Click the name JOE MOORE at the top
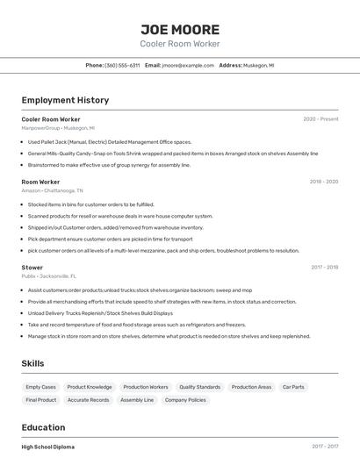coord(179,29)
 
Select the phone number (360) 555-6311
coord(122,65)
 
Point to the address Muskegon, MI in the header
coord(259,65)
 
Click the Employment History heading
coord(65,100)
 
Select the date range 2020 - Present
coord(320,119)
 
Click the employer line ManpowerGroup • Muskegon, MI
coord(58,128)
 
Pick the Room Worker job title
coord(40,182)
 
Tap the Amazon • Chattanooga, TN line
coord(53,190)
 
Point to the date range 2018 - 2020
coord(323,182)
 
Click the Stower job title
coord(32,267)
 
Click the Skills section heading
coord(33,363)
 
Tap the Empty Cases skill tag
coord(40,387)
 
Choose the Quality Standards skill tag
coord(199,387)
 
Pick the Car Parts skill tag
coord(293,387)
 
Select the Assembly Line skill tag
coord(137,400)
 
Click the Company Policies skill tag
coord(185,400)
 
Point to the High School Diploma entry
coord(48,447)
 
